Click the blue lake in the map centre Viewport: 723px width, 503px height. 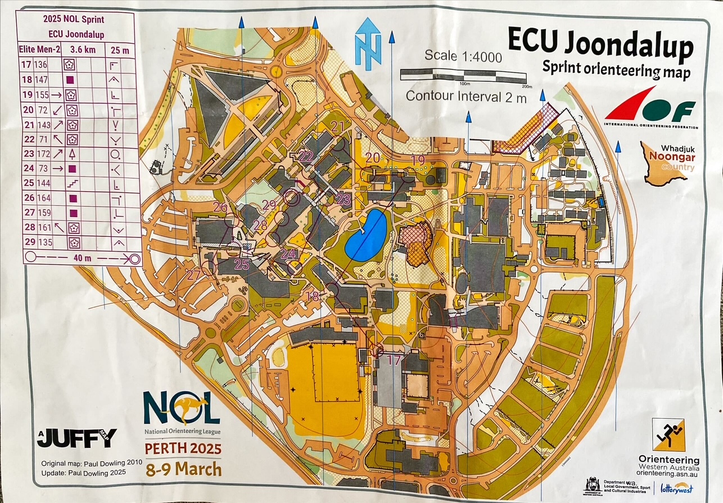click(366, 235)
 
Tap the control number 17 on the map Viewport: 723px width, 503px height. click(395, 360)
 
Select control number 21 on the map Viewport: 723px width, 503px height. click(338, 125)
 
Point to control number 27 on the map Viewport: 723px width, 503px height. click(194, 275)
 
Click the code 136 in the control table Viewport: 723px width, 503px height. click(41, 65)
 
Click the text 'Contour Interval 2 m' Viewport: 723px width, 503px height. click(466, 96)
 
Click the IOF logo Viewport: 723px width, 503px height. click(650, 107)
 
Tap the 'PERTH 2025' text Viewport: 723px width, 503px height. click(183, 450)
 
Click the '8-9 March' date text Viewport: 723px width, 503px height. click(183, 469)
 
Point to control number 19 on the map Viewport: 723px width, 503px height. click(418, 160)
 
